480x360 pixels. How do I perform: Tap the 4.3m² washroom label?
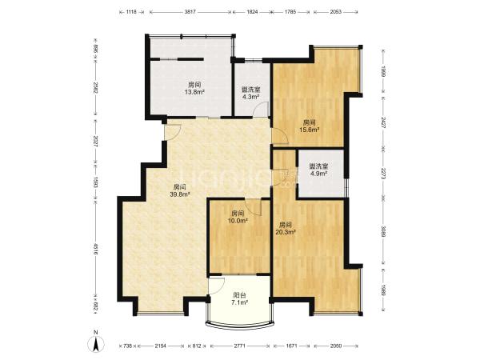[251, 93]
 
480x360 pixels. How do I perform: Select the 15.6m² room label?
[310, 126]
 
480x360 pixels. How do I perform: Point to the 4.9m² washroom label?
[318, 170]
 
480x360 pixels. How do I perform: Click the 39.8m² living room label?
[180, 190]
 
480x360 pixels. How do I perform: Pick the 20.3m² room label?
[286, 228]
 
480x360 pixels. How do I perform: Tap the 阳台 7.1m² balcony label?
[239, 298]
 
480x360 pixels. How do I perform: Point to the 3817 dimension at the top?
[190, 12]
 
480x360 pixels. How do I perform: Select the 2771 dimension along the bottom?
[240, 346]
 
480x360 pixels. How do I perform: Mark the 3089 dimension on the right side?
[383, 231]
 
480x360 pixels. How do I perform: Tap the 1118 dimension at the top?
[131, 12]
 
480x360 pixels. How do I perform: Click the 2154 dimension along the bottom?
[161, 346]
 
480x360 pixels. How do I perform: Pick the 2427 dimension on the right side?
[383, 122]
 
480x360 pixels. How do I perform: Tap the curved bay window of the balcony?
[239, 326]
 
